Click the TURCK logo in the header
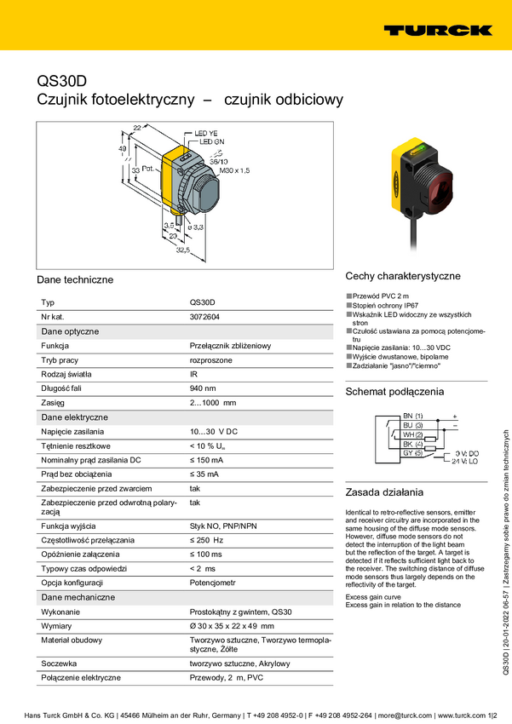coord(437,30)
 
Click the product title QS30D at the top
coord(61,81)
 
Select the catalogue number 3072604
coord(204,316)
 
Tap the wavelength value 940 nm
coord(203,388)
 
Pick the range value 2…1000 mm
coord(212,403)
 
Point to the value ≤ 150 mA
coord(207,460)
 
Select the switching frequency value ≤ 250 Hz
coord(206,540)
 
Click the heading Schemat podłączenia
coord(394,392)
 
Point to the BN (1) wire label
coord(412,415)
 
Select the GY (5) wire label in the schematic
coord(412,452)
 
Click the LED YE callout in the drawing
coord(206,134)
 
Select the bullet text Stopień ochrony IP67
coord(384,305)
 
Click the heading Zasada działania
coord(384,492)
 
